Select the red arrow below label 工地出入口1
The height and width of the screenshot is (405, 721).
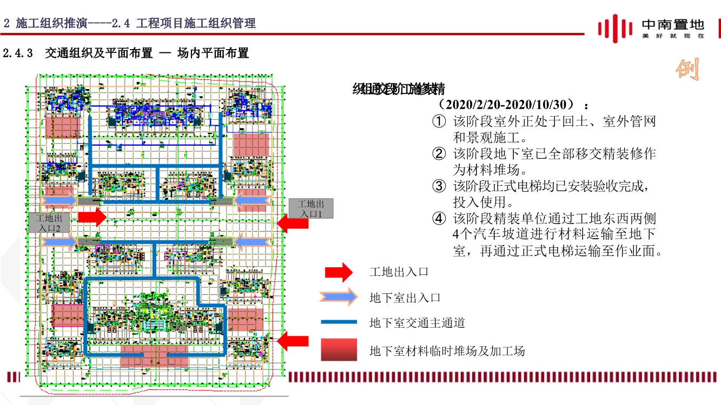pyautogui.click(x=293, y=222)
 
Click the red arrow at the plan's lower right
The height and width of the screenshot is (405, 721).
pyautogui.click(x=293, y=341)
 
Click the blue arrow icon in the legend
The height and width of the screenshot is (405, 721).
pyautogui.click(x=339, y=297)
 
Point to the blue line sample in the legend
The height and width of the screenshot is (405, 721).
pyautogui.click(x=339, y=322)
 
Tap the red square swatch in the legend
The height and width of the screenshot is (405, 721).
pyautogui.click(x=339, y=350)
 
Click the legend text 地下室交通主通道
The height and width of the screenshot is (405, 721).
pyautogui.click(x=417, y=323)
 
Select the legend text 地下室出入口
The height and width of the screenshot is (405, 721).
pyautogui.click(x=405, y=298)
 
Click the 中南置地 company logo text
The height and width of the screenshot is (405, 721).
pyautogui.click(x=672, y=24)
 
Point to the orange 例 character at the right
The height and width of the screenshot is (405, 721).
pyautogui.click(x=689, y=68)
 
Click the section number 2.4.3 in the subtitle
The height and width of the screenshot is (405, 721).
pyautogui.click(x=18, y=53)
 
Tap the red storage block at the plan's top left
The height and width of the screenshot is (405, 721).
pyautogui.click(x=63, y=127)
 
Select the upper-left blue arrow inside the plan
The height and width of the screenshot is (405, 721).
pyautogui.click(x=59, y=201)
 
